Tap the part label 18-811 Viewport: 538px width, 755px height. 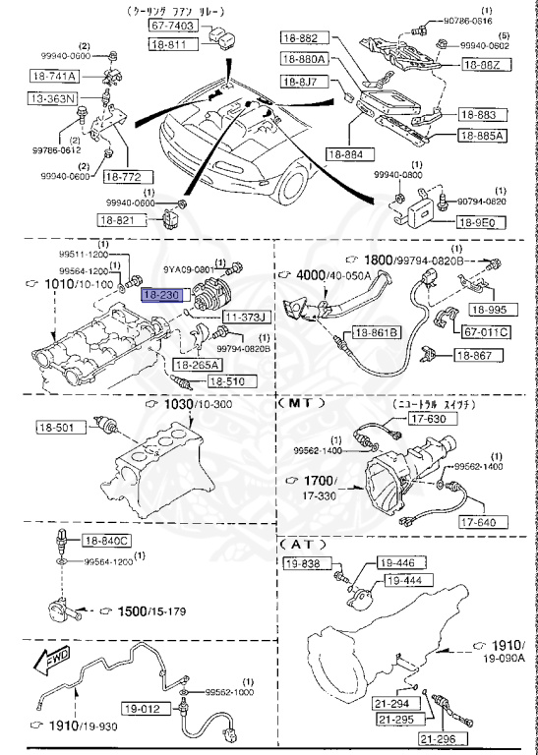[171, 45]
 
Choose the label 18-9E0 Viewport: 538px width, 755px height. [484, 223]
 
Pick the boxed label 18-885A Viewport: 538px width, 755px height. [484, 137]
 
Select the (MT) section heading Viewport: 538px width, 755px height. [301, 403]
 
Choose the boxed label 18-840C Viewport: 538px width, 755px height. [103, 541]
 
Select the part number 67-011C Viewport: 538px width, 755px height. [486, 332]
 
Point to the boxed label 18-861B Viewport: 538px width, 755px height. [378, 333]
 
